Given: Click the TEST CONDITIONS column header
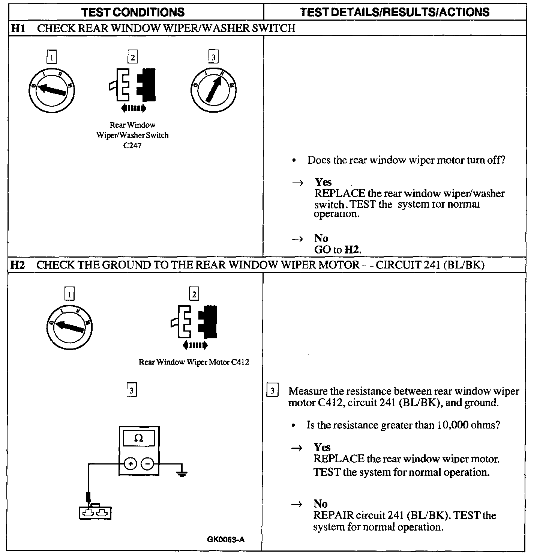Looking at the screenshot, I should pos(133,12).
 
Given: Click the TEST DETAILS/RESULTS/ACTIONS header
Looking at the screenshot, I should pos(395,12).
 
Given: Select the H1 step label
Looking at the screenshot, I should pos(18,28).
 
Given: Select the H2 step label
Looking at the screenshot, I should pos(17,265).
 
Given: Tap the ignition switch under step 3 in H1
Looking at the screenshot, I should pos(213,90).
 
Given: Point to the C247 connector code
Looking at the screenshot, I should pos(132,145).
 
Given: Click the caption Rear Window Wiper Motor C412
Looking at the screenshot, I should pos(193,362).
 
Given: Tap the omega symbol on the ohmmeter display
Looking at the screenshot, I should pos(139,438).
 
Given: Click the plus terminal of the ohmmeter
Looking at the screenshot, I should pos(130,464).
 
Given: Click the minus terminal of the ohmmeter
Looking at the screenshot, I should pos(147,464).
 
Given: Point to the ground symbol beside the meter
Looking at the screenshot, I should pos(182,474).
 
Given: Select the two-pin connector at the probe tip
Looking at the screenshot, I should pos(95,513).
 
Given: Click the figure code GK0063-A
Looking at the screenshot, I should pos(226,540).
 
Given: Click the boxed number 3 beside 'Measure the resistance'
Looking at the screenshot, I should pos(272,391).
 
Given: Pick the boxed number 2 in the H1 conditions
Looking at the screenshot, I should pos(132,57).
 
